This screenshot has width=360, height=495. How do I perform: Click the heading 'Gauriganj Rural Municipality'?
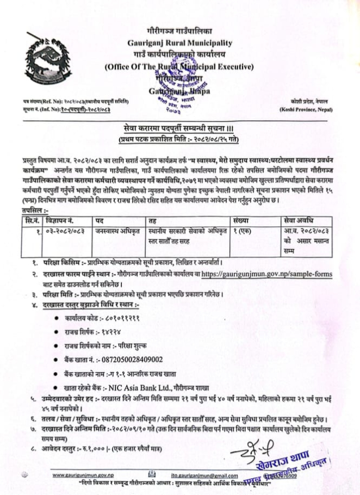[179, 42]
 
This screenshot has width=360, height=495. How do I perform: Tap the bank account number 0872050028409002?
[129, 360]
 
